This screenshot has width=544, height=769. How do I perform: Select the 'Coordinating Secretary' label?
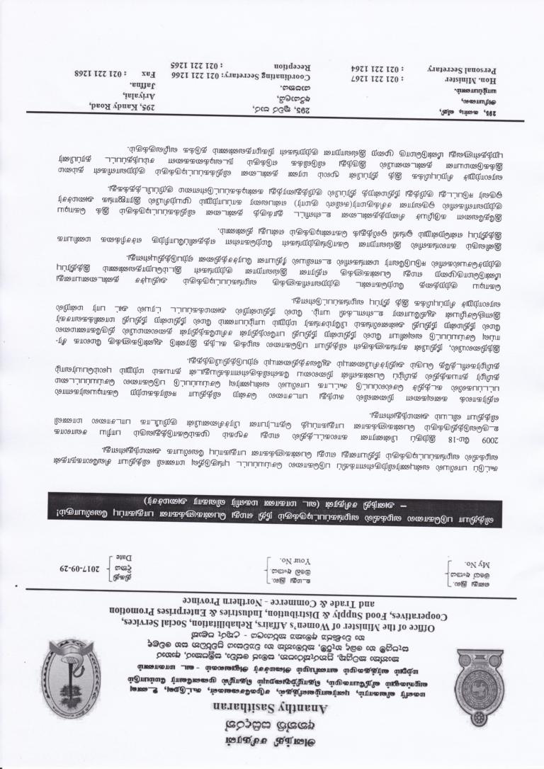(269, 74)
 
